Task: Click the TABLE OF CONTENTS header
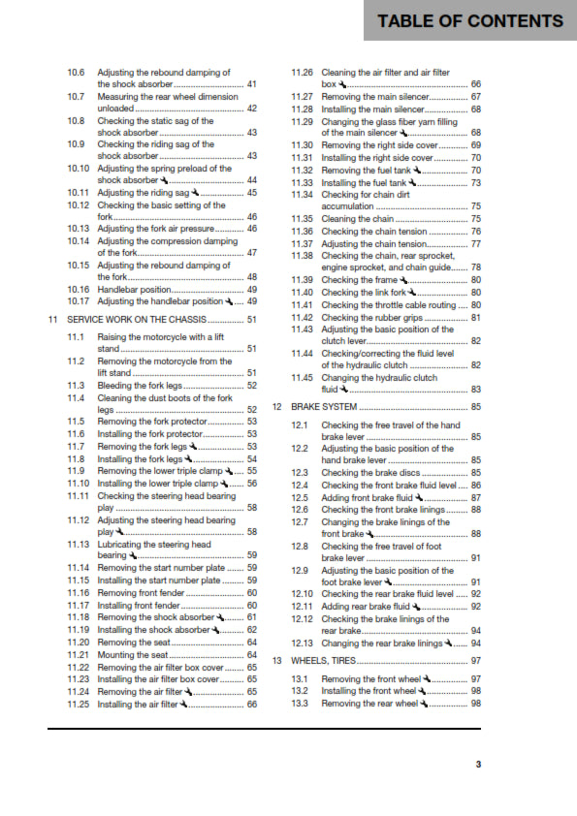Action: [469, 21]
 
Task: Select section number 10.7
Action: [76, 97]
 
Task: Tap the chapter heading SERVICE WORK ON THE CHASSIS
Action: [136, 320]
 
